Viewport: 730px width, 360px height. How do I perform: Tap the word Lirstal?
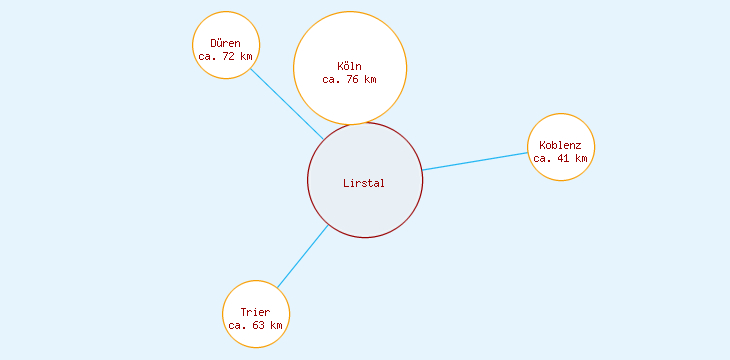[364, 182]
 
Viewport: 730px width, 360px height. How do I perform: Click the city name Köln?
[350, 67]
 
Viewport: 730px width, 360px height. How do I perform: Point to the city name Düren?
[226, 43]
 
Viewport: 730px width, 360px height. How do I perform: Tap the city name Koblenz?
[561, 145]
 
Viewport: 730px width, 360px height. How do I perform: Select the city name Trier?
[256, 312]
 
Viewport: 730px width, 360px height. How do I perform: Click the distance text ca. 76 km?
[350, 79]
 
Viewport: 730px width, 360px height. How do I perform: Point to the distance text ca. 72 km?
[226, 56]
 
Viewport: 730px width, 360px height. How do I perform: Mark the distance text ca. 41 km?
[561, 158]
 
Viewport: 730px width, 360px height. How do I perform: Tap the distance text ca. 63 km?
[256, 325]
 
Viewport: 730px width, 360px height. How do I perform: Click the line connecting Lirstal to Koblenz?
[475, 161]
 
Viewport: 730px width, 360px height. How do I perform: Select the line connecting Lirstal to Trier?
[302, 257]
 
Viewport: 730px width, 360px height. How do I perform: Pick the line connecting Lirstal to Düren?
[286, 103]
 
